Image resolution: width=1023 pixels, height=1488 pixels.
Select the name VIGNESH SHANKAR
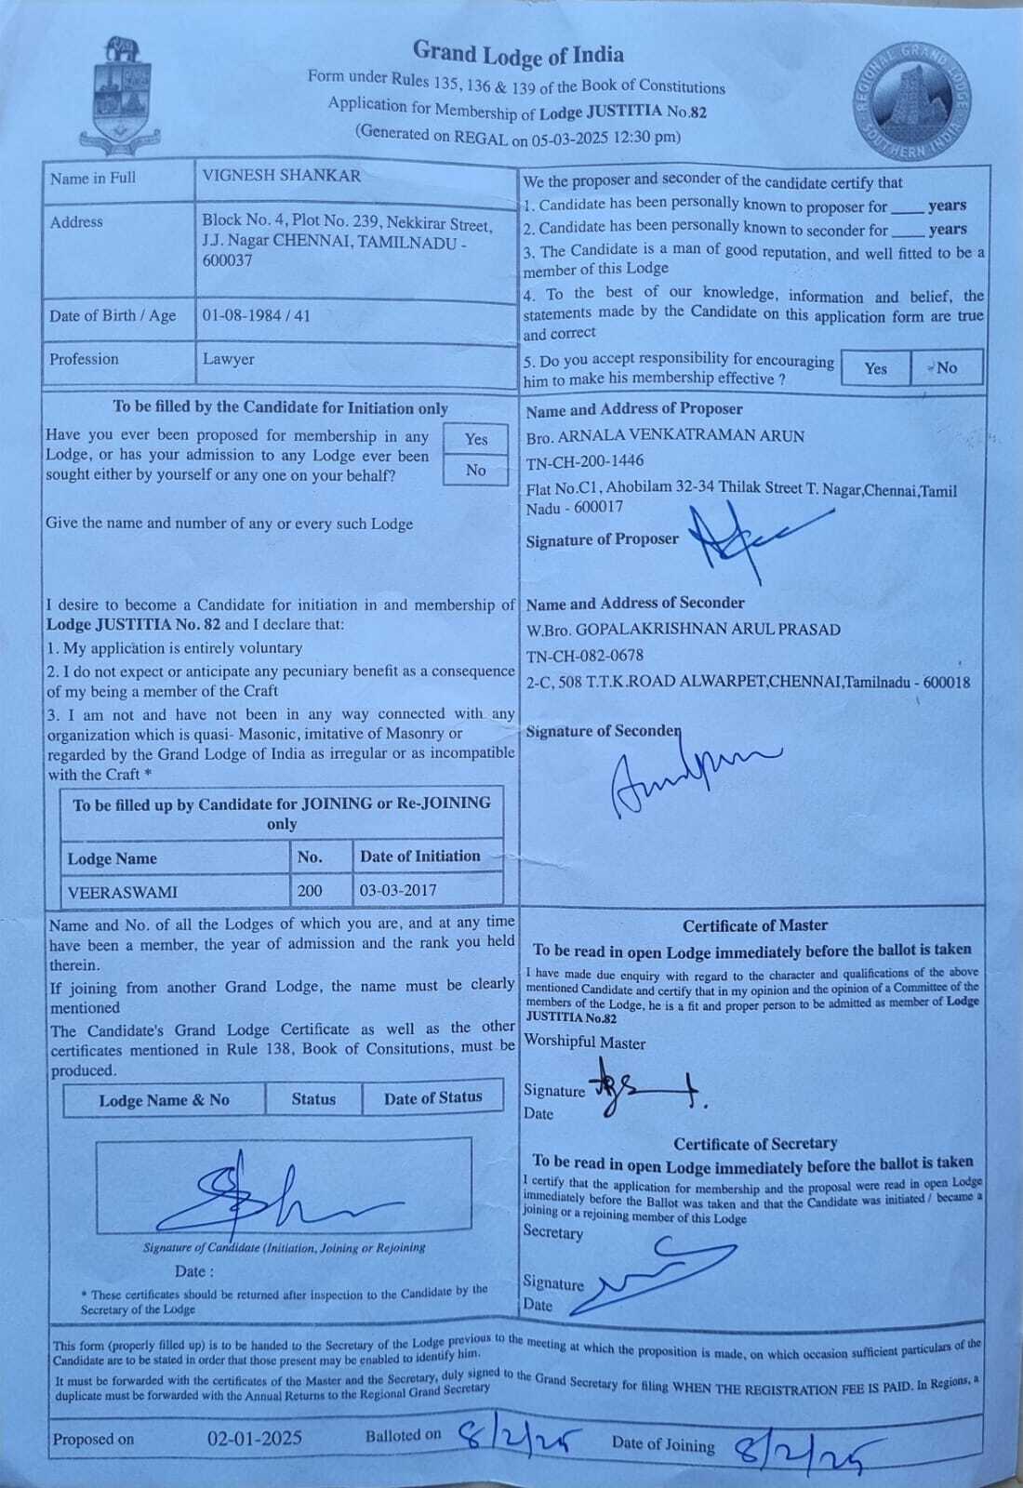[x=281, y=176]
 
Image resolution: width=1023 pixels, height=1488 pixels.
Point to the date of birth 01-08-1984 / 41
[x=257, y=316]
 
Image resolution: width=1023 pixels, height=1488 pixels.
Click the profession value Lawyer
[x=228, y=359]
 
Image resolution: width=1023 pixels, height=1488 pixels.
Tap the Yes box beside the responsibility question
[x=875, y=368]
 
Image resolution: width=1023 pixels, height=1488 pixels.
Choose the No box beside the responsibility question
[x=946, y=367]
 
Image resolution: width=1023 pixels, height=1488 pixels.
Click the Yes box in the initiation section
[x=476, y=439]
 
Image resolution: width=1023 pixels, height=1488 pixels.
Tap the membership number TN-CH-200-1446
[x=585, y=460]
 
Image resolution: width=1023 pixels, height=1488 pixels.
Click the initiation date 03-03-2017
[x=397, y=890]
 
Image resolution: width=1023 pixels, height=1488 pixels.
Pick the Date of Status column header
[x=432, y=1098]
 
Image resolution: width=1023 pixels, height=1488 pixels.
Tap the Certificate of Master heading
[x=754, y=926]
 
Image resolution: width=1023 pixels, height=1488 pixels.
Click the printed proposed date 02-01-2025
[x=254, y=1439]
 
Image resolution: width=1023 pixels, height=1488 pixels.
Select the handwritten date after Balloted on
[x=514, y=1440]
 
